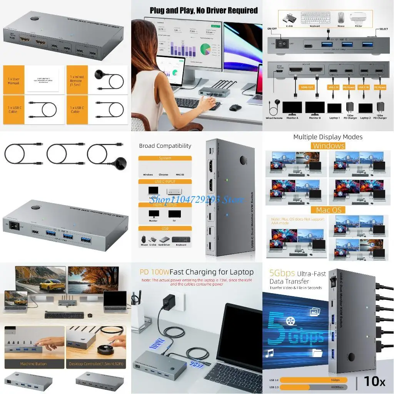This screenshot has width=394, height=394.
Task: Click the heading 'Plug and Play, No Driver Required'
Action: pyautogui.click(x=204, y=10)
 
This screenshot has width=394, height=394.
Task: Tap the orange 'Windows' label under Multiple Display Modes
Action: pyautogui.click(x=329, y=146)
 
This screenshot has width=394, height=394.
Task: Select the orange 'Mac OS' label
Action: pyautogui.click(x=329, y=210)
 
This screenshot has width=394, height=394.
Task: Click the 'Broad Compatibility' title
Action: pyautogui.click(x=165, y=146)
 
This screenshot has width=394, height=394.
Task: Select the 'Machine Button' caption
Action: pyautogui.click(x=33, y=364)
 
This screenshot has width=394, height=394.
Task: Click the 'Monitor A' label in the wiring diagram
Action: pyautogui.click(x=292, y=118)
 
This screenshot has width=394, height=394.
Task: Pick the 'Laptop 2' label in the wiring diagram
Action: pyautogui.click(x=365, y=118)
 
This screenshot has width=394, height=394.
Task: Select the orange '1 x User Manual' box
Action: pyautogui.click(x=13, y=81)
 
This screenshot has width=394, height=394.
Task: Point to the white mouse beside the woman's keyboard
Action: pyautogui.click(x=235, y=107)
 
